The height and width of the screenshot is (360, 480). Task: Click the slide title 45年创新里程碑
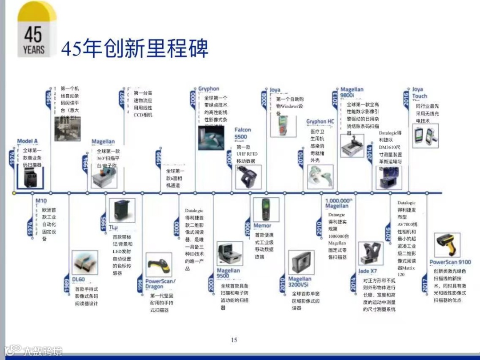[x=134, y=48]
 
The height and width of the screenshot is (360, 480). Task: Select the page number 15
[x=234, y=340]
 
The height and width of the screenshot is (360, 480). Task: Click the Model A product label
[x=28, y=141]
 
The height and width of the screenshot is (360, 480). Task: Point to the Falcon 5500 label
[x=243, y=133]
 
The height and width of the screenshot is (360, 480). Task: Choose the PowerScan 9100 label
[x=450, y=262]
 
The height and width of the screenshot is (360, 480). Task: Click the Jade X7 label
[x=368, y=271]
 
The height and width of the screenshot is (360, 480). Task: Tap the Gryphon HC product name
[x=320, y=121]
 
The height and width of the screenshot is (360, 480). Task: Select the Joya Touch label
[x=419, y=92]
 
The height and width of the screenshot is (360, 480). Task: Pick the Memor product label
[x=262, y=226]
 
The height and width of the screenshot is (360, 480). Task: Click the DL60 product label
[x=78, y=280]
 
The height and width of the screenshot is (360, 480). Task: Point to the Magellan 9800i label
[x=352, y=92]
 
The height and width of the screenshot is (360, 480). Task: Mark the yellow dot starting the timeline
[x=14, y=193]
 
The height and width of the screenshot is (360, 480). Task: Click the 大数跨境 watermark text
[x=43, y=351]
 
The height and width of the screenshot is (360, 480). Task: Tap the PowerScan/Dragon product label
[x=160, y=284]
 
